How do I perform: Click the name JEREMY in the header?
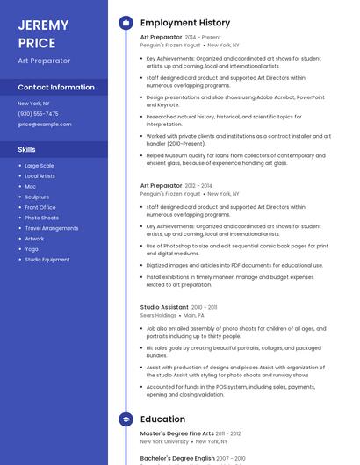click(43, 24)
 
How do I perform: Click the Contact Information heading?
click(56, 88)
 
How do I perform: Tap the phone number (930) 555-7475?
click(38, 114)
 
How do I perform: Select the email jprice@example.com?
click(44, 125)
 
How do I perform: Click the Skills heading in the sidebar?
click(26, 150)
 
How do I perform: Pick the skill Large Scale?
click(39, 165)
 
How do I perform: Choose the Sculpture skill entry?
click(37, 197)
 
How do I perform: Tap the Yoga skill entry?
click(32, 249)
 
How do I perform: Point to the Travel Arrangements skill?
click(51, 228)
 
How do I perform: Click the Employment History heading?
click(185, 23)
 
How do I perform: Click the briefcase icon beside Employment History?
click(126, 23)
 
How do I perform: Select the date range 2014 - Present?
click(203, 38)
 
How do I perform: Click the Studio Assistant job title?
click(164, 307)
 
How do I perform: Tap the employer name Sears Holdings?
click(158, 315)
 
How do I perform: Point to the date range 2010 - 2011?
click(205, 307)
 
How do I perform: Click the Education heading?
click(162, 418)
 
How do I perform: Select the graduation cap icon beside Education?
click(126, 418)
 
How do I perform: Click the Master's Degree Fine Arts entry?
click(177, 433)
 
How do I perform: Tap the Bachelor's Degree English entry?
click(178, 458)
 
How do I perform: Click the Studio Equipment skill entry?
click(47, 260)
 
